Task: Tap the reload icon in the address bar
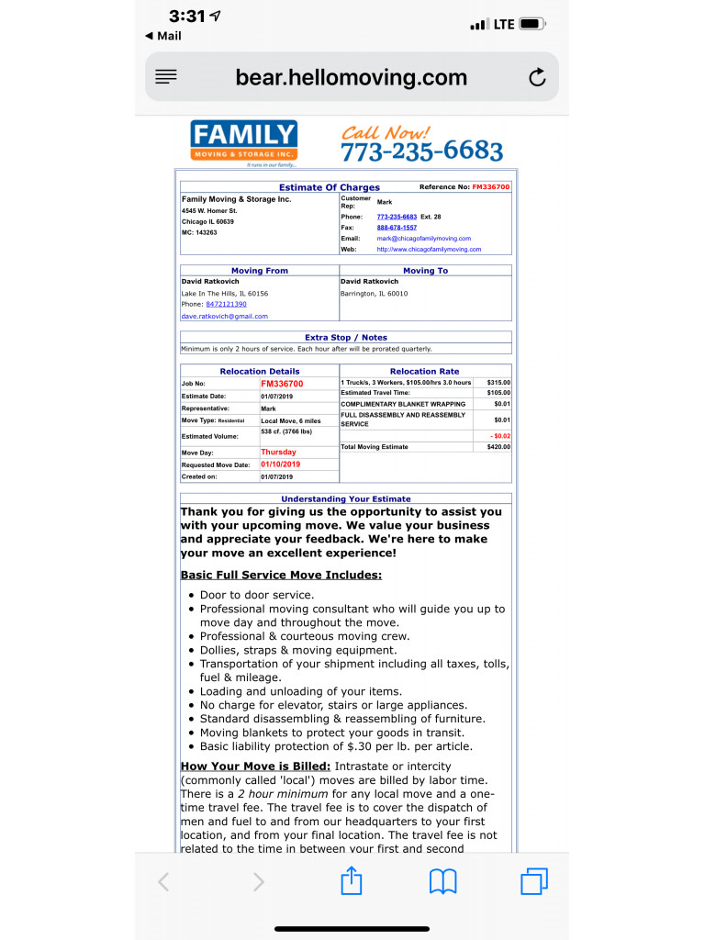tap(537, 78)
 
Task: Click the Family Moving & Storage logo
tap(244, 143)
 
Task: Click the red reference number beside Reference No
tap(490, 187)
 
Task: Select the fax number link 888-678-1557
tap(397, 228)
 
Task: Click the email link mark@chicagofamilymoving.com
tap(423, 239)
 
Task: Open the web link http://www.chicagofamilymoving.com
tap(429, 250)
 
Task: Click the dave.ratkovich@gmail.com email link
tap(225, 317)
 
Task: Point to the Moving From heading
tap(260, 271)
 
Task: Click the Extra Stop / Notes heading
tap(346, 338)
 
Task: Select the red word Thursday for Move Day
tap(278, 453)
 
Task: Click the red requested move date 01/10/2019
tap(281, 464)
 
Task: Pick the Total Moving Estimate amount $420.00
tap(498, 447)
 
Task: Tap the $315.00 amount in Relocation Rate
tap(498, 383)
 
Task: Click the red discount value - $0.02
tap(500, 436)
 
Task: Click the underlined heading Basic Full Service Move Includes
tap(281, 576)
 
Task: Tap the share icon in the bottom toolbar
tap(352, 882)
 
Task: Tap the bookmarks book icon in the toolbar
tap(443, 882)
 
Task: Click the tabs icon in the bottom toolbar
tap(533, 882)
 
